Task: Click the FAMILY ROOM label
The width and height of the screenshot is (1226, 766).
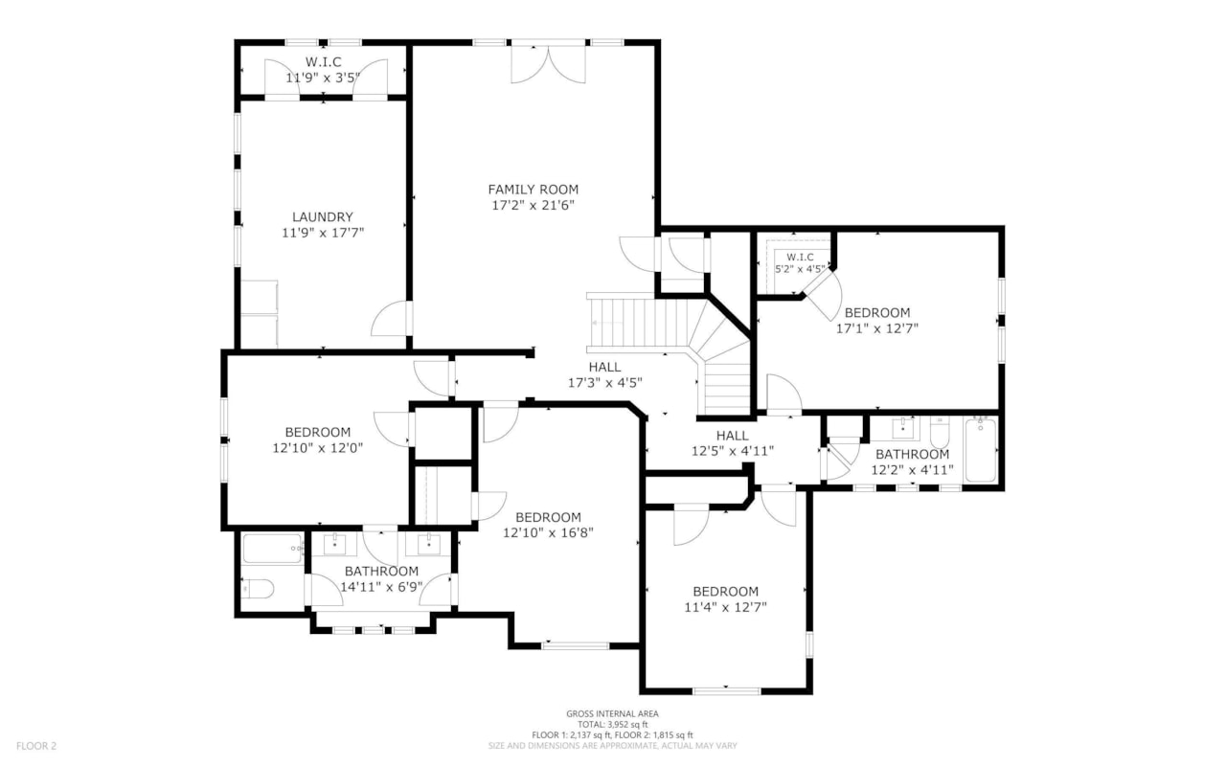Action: pyautogui.click(x=533, y=190)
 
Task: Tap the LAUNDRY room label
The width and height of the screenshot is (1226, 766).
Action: pyautogui.click(x=323, y=217)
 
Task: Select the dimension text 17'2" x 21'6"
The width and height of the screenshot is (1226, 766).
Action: pyautogui.click(x=533, y=205)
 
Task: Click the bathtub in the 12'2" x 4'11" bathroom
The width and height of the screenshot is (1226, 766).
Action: pyautogui.click(x=981, y=450)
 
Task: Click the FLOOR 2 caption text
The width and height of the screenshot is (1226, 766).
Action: pyautogui.click(x=36, y=745)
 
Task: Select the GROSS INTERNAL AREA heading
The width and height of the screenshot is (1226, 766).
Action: pyautogui.click(x=612, y=713)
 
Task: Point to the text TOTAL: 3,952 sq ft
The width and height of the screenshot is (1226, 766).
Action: pyautogui.click(x=612, y=724)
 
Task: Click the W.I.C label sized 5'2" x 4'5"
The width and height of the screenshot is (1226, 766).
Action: pyautogui.click(x=800, y=258)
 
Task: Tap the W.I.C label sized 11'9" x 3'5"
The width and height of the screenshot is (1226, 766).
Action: pyautogui.click(x=323, y=61)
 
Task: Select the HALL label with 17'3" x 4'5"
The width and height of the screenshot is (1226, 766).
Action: pyautogui.click(x=604, y=367)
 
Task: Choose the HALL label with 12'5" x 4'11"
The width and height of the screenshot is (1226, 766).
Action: pyautogui.click(x=732, y=436)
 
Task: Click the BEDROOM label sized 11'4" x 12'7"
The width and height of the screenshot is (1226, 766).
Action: pyautogui.click(x=725, y=592)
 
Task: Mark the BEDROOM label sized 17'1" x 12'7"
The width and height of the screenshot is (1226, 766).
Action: pyautogui.click(x=876, y=313)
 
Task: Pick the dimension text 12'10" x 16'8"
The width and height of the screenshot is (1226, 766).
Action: pyautogui.click(x=541, y=532)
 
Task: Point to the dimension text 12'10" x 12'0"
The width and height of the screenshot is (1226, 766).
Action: pyautogui.click(x=317, y=447)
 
